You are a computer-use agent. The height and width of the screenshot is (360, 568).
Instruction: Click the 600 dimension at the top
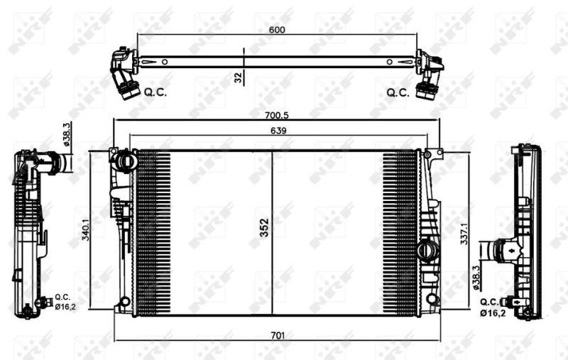click(277, 30)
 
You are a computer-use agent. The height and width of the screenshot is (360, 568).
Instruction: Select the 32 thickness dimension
click(238, 77)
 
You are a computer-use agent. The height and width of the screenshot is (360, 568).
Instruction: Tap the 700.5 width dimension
click(276, 116)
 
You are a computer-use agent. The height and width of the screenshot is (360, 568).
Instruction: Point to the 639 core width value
click(278, 131)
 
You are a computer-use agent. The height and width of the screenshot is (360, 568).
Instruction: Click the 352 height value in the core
click(264, 228)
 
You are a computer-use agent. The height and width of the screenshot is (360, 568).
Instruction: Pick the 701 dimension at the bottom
click(278, 336)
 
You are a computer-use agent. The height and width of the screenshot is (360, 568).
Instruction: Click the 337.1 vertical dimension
click(464, 234)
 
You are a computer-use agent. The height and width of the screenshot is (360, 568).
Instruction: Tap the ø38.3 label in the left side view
click(66, 134)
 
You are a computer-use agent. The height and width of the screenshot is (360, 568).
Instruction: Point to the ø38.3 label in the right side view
click(476, 278)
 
